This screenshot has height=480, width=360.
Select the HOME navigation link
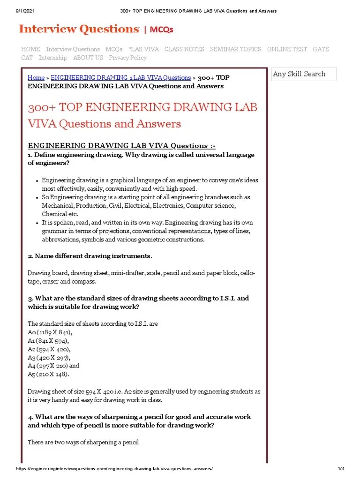pyautogui.click(x=30, y=49)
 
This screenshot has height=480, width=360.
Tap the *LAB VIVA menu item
pyautogui.click(x=143, y=49)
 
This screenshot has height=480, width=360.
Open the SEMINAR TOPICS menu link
pyautogui.click(x=235, y=49)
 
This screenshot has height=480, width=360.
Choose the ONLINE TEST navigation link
pyautogui.click(x=287, y=49)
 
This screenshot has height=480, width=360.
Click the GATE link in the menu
pyautogui.click(x=321, y=49)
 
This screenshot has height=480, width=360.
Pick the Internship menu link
pyautogui.click(x=53, y=58)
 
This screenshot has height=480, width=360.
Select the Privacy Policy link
pyautogui.click(x=127, y=58)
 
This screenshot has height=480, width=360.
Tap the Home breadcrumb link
pyautogui.click(x=36, y=78)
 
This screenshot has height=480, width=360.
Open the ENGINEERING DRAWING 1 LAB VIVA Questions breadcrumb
pyautogui.click(x=120, y=78)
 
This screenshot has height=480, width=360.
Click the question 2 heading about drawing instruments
pyautogui.click(x=90, y=256)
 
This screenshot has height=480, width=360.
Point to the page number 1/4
pyautogui.click(x=341, y=469)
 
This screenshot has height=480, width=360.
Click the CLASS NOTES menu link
pyautogui.click(x=184, y=49)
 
